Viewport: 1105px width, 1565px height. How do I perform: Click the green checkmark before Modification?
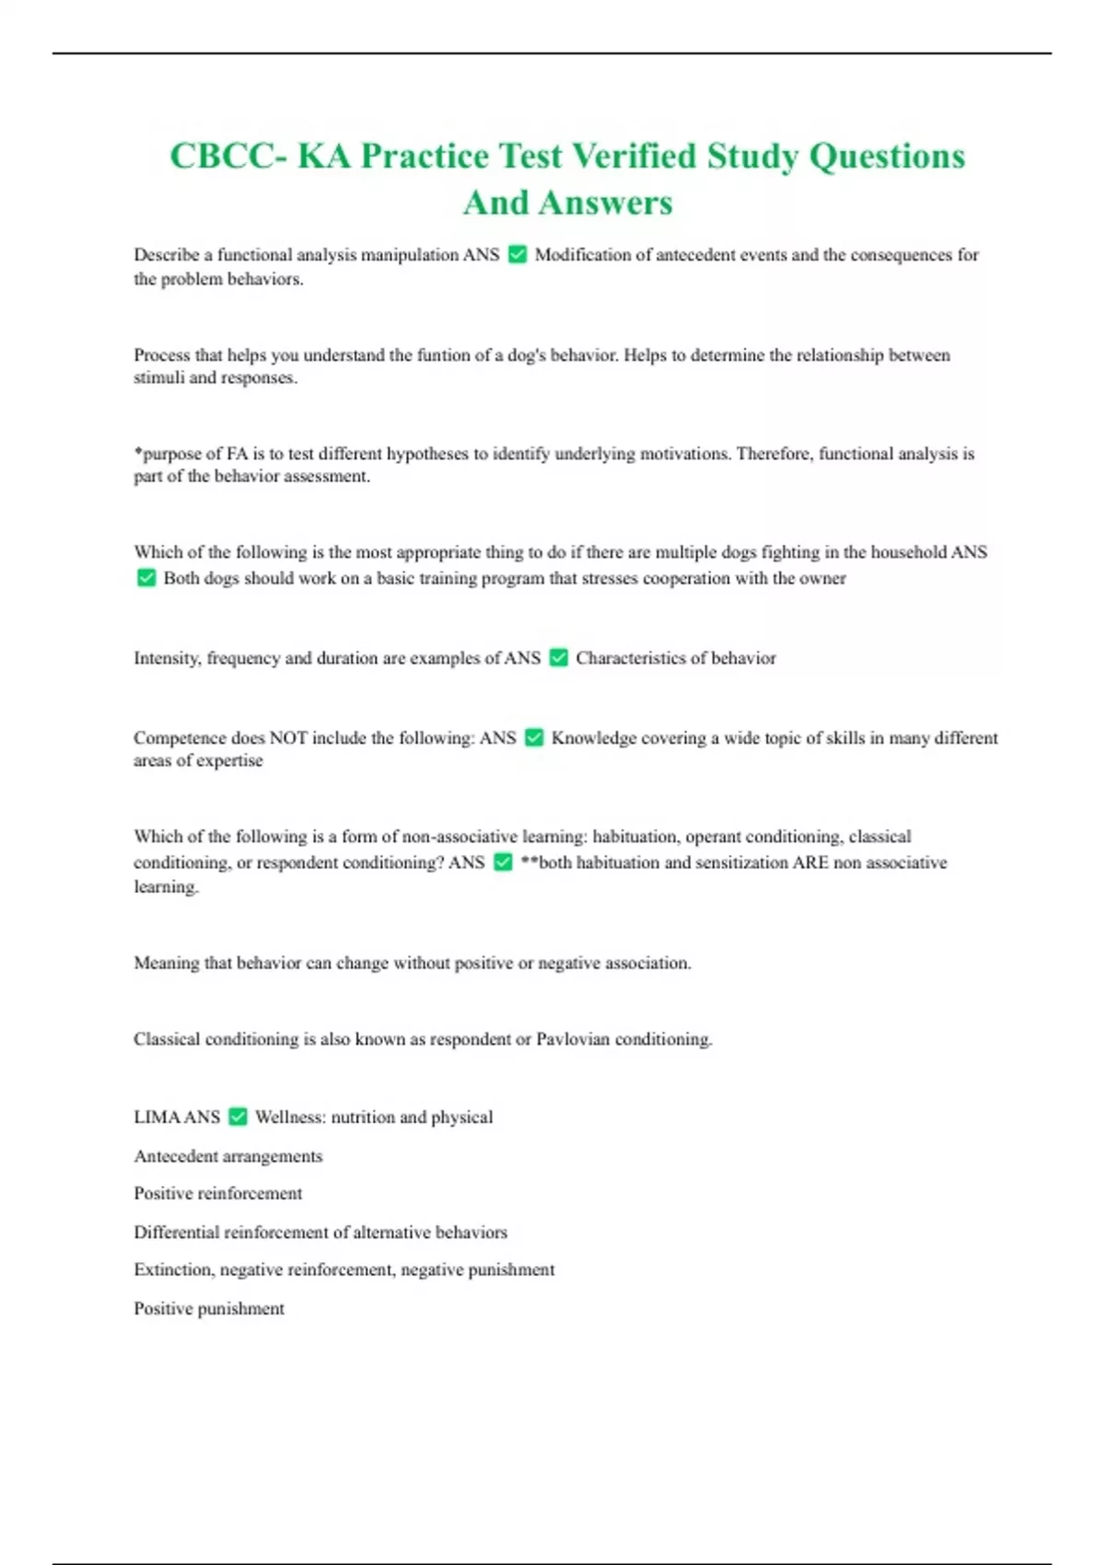coord(518,255)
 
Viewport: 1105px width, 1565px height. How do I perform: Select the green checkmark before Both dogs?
coord(146,578)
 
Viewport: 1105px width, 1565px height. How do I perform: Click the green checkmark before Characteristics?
coord(558,658)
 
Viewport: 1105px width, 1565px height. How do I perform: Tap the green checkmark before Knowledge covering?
coord(534,738)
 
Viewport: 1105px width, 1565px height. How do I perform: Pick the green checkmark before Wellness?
coord(238,1117)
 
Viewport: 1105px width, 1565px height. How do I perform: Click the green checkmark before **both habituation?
coord(503,863)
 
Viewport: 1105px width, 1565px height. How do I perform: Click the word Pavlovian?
coord(573,1039)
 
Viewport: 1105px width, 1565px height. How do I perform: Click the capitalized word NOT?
coord(288,738)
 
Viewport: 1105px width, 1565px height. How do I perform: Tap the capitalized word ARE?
coord(810,863)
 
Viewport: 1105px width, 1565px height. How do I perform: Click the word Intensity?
coord(167,658)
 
